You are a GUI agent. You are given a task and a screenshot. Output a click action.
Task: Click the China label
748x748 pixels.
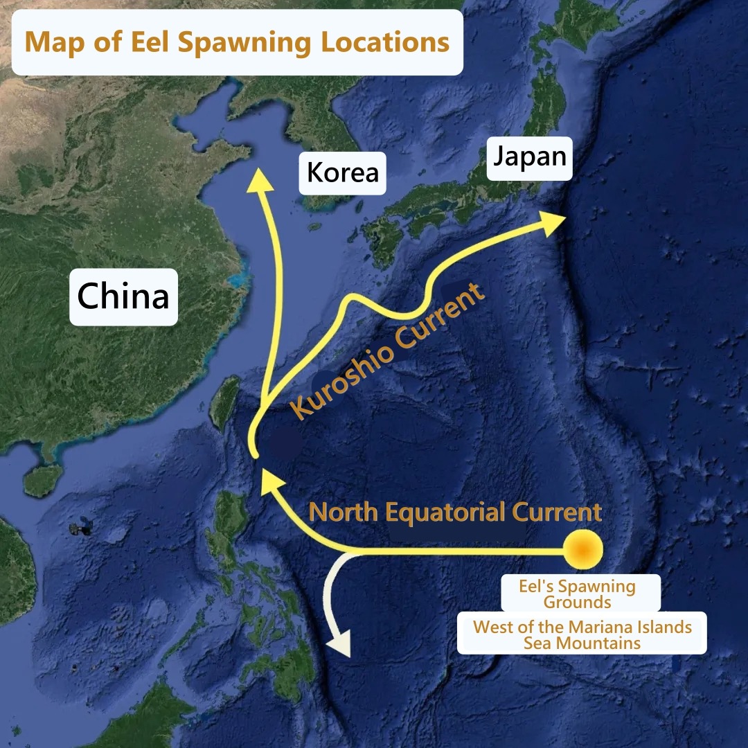pos(123,296)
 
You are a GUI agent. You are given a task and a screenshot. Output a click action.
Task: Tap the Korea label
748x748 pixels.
pos(343,172)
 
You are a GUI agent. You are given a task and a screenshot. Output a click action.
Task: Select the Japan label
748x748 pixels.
pos(530,157)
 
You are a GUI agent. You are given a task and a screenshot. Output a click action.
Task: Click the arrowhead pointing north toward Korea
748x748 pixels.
pos(260,178)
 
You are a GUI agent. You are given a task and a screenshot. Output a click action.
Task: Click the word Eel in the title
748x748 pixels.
pos(146,42)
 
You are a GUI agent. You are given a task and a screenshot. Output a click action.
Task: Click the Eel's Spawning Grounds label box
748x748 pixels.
pos(578,594)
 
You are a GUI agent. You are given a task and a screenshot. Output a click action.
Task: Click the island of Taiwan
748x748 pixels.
pos(226,402)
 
